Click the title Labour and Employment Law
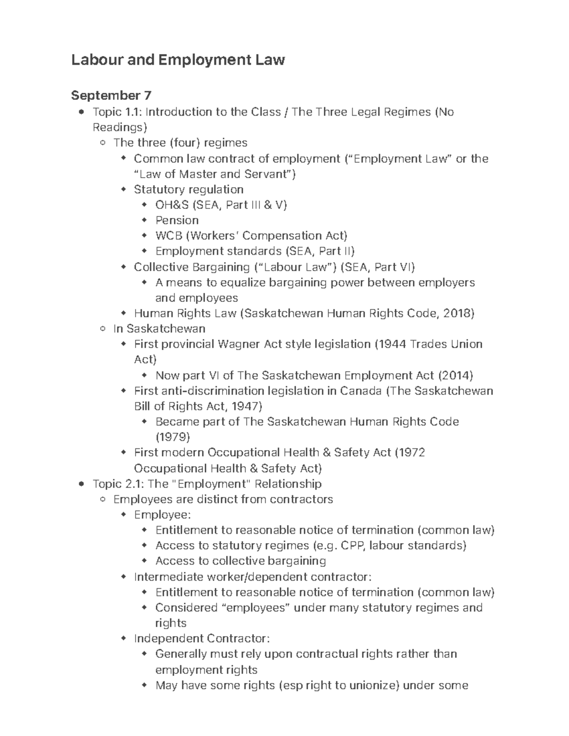click(178, 60)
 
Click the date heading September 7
click(111, 96)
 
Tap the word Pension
click(177, 220)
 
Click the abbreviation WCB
click(168, 236)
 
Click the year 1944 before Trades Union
click(392, 344)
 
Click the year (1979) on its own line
click(173, 437)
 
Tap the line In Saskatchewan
click(159, 329)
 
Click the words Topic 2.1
click(117, 484)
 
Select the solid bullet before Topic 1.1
click(82, 112)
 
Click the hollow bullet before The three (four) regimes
click(103, 143)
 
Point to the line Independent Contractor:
click(202, 638)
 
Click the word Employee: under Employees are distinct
click(162, 515)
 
